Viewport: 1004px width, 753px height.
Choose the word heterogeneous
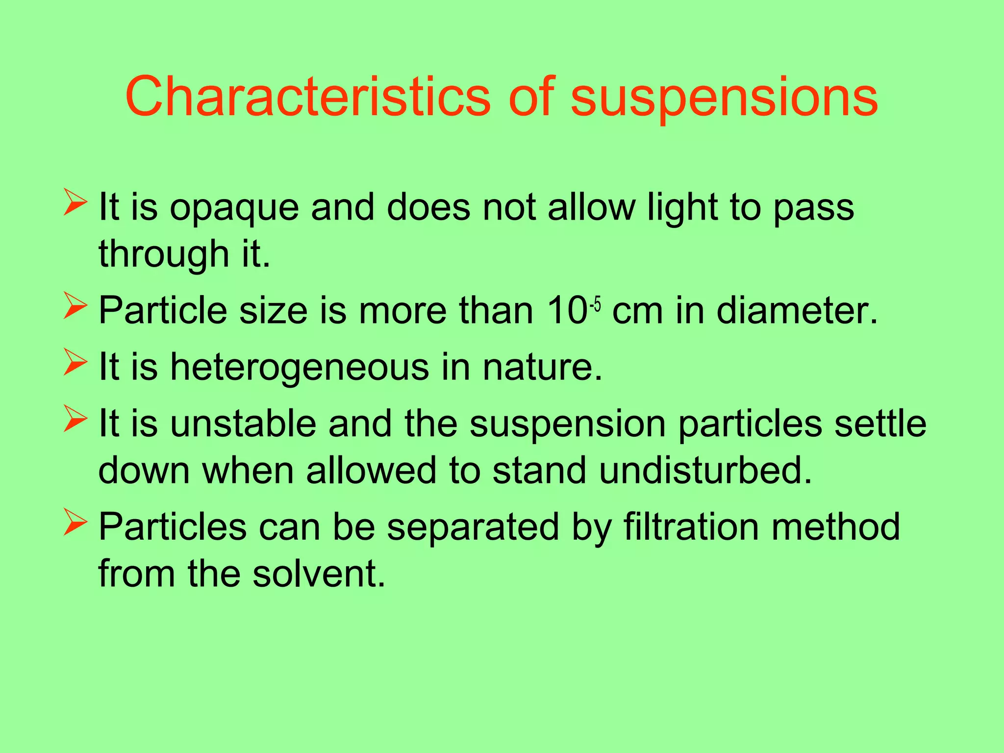(x=299, y=368)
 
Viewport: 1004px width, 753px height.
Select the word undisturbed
(x=705, y=471)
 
